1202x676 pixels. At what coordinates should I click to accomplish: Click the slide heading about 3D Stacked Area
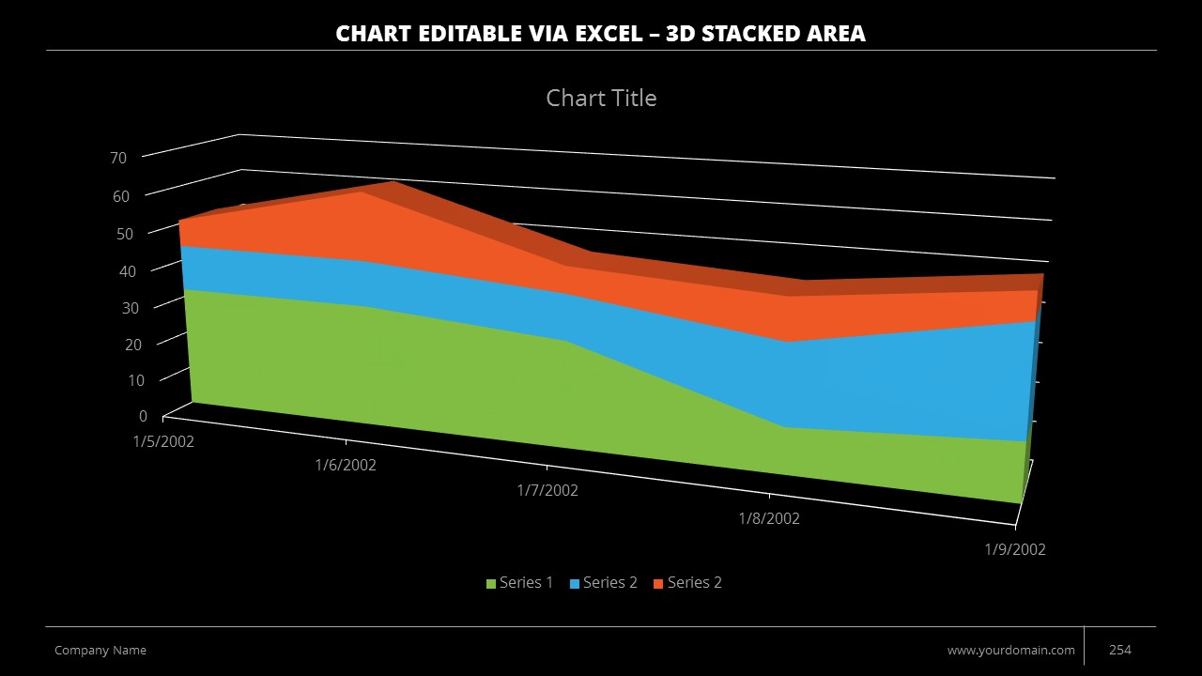tap(601, 34)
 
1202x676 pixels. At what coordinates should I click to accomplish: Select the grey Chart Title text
tap(601, 98)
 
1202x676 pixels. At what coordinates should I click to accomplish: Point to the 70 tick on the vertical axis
tap(118, 158)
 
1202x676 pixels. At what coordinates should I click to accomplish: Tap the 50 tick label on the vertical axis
tap(125, 233)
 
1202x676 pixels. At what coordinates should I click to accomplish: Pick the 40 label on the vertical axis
tap(127, 270)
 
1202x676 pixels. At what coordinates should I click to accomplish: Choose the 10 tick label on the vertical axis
tap(136, 380)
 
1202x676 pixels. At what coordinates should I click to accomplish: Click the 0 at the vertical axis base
tap(143, 416)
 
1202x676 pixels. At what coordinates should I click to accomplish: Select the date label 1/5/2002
tap(163, 441)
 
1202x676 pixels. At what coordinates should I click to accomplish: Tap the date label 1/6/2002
tap(346, 465)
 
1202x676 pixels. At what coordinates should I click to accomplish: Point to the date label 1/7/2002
tap(547, 490)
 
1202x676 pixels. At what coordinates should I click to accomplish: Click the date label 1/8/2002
tap(769, 518)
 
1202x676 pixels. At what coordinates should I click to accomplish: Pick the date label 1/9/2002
tap(1015, 549)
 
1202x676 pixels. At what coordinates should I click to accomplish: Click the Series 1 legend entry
tap(519, 583)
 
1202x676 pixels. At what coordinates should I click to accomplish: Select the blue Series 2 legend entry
tap(603, 583)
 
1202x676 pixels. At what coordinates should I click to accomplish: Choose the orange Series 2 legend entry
tap(687, 583)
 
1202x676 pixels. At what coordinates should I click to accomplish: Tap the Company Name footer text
tap(100, 650)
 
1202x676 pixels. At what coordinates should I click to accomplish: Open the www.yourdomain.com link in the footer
tap(1010, 650)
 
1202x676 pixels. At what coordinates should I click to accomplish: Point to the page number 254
tap(1120, 650)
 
